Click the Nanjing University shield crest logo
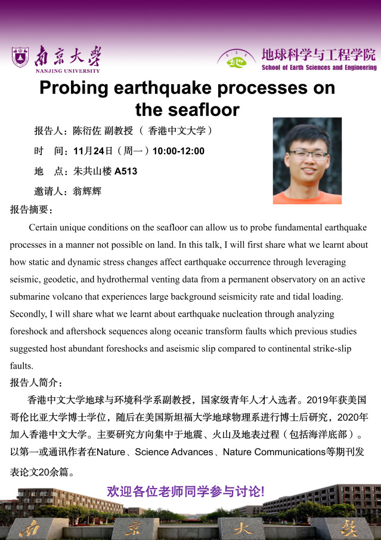[20, 57]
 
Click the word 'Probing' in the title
[74, 88]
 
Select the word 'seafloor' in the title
[204, 109]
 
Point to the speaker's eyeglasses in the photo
[308, 154]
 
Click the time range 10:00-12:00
[178, 151]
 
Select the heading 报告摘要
[32, 210]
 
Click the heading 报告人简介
[36, 383]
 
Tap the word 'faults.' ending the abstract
[22, 366]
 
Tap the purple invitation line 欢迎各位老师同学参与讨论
[185, 492]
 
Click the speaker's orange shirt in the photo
[307, 197]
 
